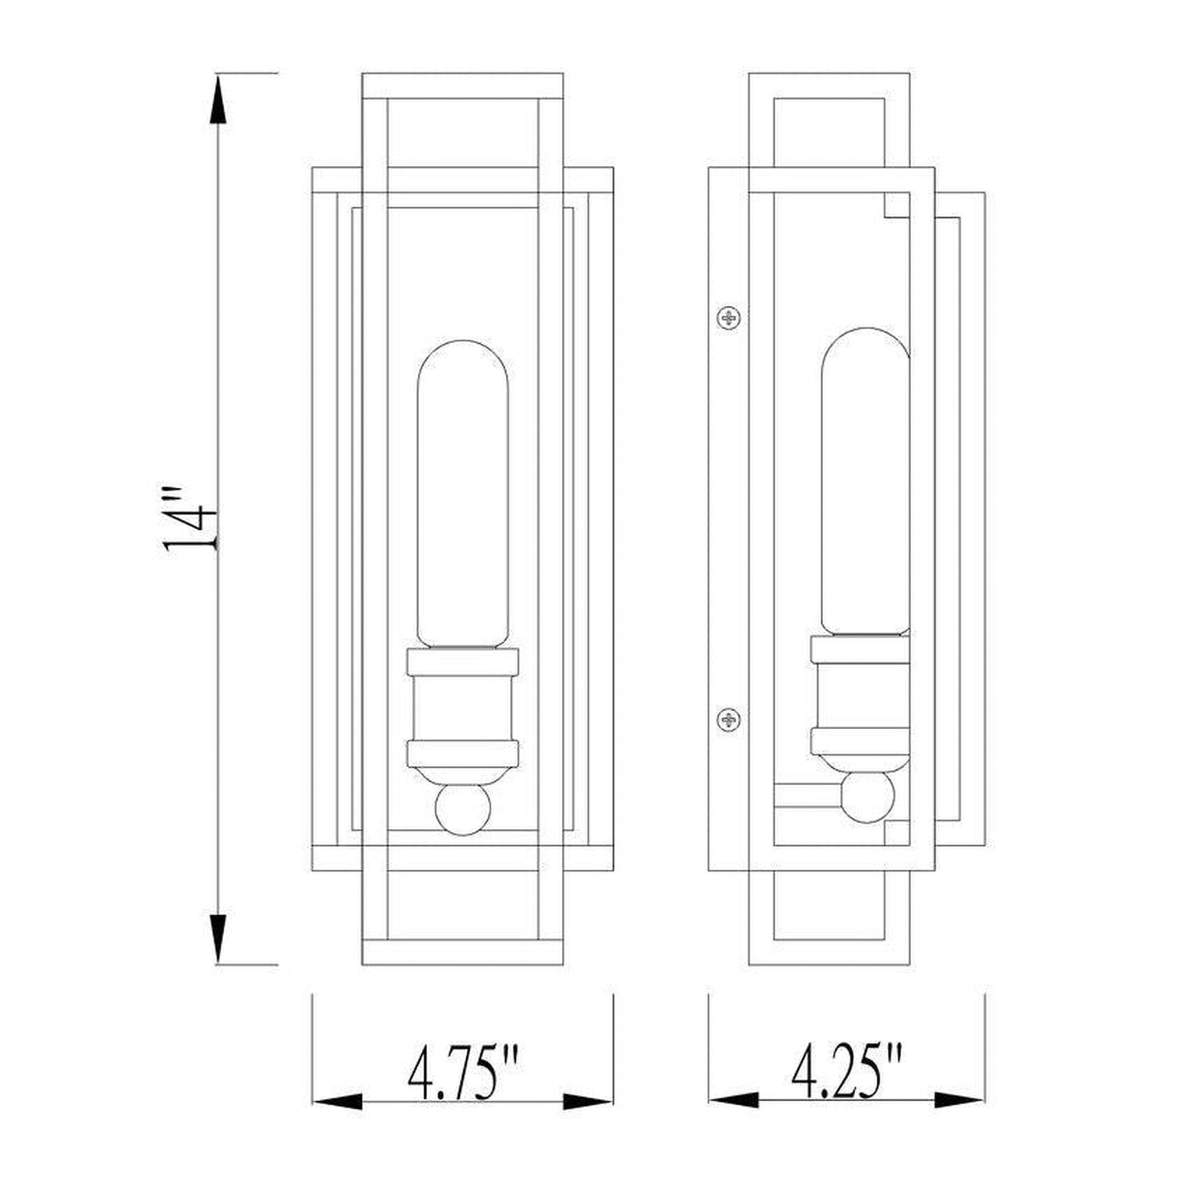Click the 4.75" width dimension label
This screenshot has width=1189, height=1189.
tap(462, 1072)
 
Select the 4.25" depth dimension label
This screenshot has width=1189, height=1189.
tap(847, 1072)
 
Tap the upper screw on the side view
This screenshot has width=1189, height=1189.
tap(729, 317)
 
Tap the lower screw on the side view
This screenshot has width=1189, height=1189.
tap(729, 720)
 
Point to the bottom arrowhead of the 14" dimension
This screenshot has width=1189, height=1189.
tap(218, 937)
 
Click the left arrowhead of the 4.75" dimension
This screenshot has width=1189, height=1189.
tap(337, 1101)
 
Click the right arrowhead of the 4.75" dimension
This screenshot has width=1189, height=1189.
tap(588, 1101)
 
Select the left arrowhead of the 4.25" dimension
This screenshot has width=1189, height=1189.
tap(733, 1101)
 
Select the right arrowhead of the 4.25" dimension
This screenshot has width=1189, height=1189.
tap(960, 1101)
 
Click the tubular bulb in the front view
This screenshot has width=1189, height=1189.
tap(462, 494)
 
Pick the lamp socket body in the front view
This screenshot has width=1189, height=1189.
tap(462, 708)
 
